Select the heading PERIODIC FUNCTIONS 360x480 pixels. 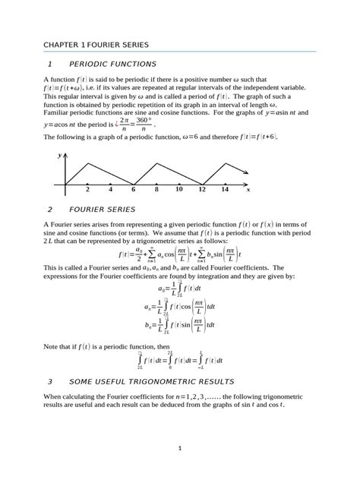click(x=112, y=65)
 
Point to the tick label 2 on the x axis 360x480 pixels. click(x=88, y=190)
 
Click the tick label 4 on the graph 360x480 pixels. click(x=111, y=190)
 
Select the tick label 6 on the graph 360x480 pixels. click(x=134, y=190)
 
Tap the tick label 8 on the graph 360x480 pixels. click(x=156, y=190)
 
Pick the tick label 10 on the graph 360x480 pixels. click(x=179, y=190)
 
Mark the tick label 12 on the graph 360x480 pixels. click(x=202, y=190)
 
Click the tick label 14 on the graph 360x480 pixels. click(x=225, y=190)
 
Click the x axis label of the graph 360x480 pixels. click(x=248, y=190)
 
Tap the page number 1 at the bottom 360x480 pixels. click(x=180, y=448)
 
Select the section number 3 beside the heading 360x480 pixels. click(x=49, y=381)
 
